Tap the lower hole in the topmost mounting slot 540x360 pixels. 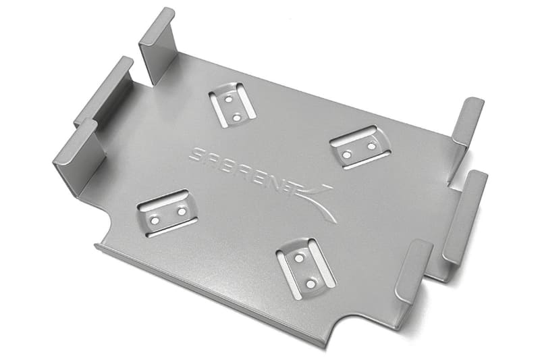236,117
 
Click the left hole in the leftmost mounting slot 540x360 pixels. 155,220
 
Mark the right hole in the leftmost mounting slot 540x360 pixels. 181,212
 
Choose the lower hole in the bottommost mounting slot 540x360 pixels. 311,284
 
